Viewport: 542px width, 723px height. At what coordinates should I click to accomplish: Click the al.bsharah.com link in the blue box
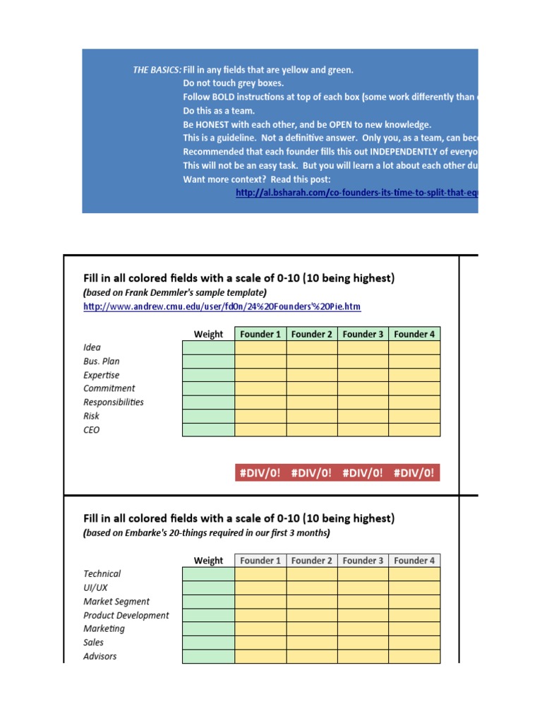(x=356, y=193)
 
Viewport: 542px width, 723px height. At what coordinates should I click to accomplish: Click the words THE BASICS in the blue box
(x=157, y=70)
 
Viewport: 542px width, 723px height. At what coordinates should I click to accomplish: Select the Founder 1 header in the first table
(x=260, y=334)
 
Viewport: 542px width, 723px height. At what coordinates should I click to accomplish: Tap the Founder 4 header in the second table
(x=414, y=561)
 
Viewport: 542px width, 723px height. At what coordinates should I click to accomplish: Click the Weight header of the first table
(x=208, y=334)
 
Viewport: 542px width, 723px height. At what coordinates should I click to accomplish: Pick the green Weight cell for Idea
(x=208, y=347)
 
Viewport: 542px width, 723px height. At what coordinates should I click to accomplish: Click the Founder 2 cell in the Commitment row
(x=312, y=388)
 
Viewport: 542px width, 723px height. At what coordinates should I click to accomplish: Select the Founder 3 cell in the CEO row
(x=363, y=430)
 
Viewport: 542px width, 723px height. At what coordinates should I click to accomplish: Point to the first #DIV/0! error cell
(x=260, y=473)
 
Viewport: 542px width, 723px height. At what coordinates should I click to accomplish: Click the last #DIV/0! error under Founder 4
(x=414, y=473)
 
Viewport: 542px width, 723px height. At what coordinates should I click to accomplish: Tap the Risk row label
(x=92, y=416)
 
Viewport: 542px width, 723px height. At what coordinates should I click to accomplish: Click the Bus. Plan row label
(x=102, y=361)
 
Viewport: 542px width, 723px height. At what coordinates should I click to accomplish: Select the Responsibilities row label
(x=114, y=402)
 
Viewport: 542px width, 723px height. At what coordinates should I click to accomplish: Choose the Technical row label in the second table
(x=102, y=574)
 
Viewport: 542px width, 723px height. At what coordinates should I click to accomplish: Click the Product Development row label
(x=126, y=615)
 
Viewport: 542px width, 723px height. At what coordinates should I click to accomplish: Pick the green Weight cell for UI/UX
(x=208, y=587)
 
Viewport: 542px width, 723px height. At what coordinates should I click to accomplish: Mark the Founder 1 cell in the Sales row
(x=260, y=643)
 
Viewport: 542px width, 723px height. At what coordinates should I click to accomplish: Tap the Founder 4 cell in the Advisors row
(x=414, y=657)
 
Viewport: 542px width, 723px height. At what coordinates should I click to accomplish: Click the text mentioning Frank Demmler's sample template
(x=175, y=292)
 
